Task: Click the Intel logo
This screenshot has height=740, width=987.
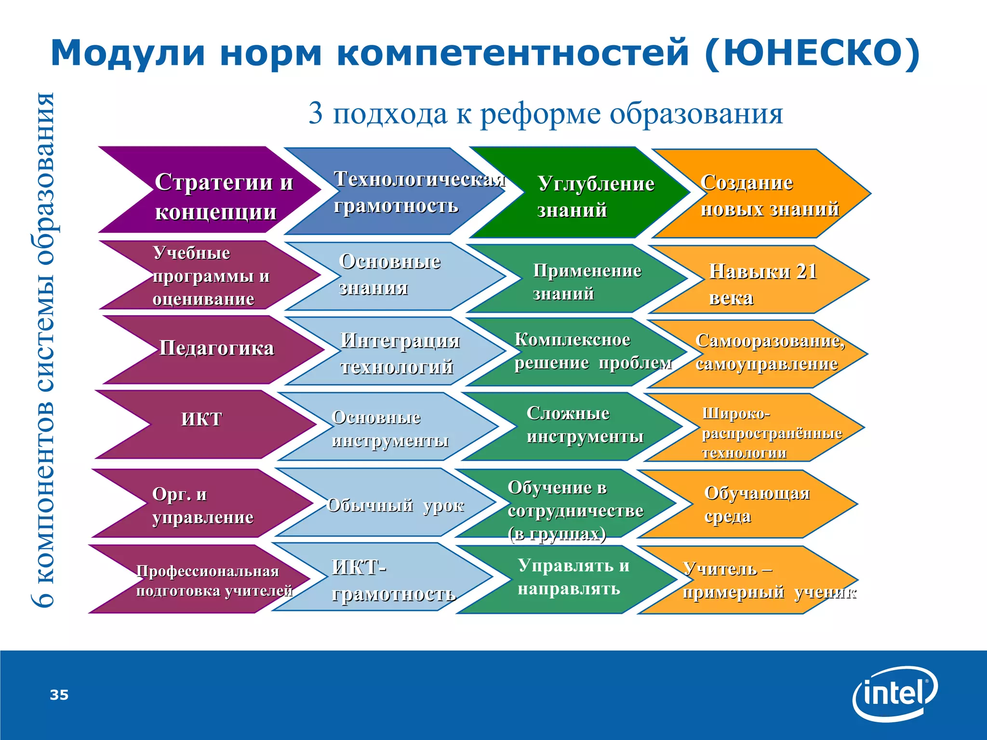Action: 895,694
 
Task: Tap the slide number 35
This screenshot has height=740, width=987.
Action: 59,695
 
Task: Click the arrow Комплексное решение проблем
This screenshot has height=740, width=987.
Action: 578,352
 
